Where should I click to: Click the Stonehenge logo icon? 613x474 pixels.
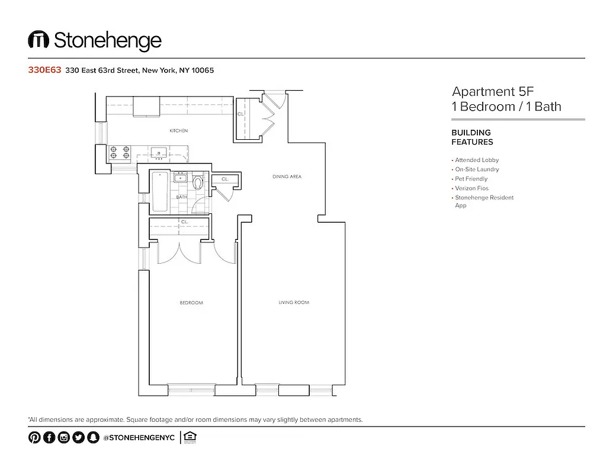tap(38, 40)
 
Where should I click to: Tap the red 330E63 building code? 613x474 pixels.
tap(45, 70)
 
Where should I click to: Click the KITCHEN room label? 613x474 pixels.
tap(179, 130)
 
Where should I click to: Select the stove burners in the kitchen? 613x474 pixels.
tap(119, 153)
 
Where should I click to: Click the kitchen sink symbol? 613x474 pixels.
tap(159, 153)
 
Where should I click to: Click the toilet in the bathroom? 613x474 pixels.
tap(198, 182)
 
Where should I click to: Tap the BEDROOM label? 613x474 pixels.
tap(191, 303)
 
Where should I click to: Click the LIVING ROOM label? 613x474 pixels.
tap(294, 303)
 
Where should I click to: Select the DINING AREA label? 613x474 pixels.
tap(287, 177)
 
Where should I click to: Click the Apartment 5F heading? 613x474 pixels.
tap(493, 92)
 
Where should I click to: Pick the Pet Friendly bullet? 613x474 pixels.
tap(471, 179)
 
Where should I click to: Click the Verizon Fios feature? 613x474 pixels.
tap(471, 188)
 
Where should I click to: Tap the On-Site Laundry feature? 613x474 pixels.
tap(477, 169)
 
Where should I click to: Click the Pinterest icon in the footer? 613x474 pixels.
tap(34, 438)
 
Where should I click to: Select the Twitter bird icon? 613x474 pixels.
tap(78, 438)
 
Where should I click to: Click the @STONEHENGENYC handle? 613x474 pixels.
tap(139, 438)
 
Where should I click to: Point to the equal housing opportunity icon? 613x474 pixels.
tap(190, 437)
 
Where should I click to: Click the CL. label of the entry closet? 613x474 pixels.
tap(240, 114)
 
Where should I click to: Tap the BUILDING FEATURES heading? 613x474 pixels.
tap(472, 137)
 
